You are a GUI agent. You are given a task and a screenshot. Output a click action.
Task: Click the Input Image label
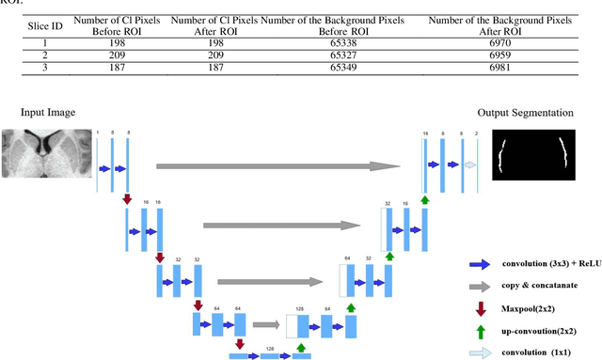click(x=48, y=113)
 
